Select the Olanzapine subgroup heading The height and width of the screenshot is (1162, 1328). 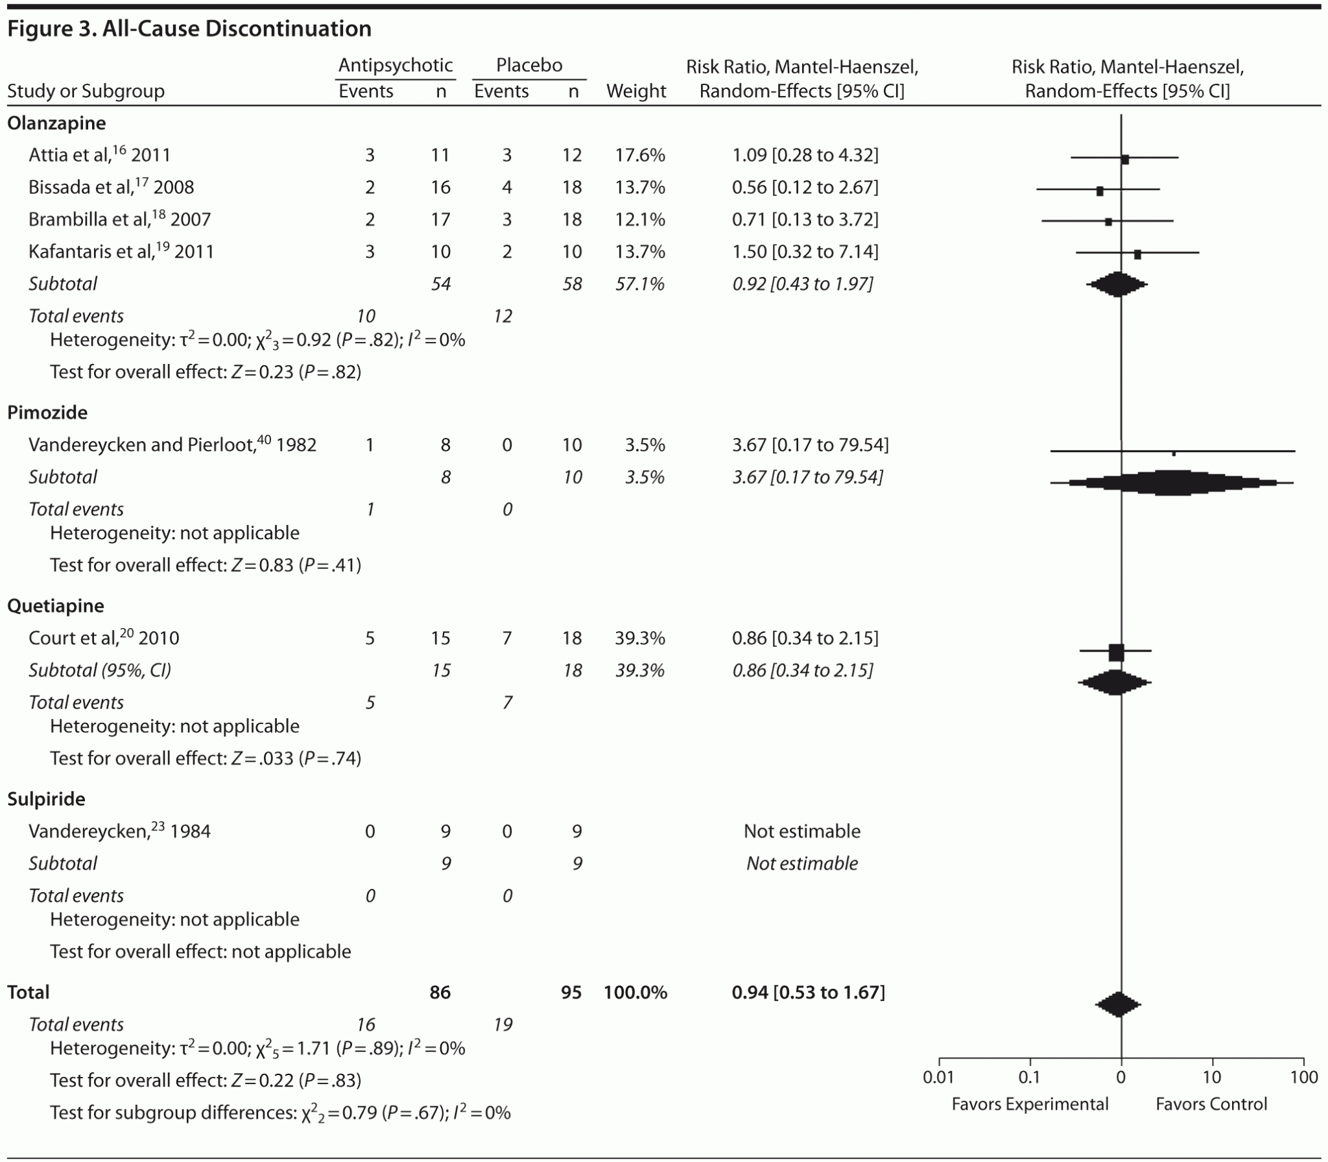pyautogui.click(x=56, y=123)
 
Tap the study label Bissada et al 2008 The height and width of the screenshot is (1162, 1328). pyautogui.click(x=111, y=188)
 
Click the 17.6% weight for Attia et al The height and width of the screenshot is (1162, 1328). pyautogui.click(x=639, y=155)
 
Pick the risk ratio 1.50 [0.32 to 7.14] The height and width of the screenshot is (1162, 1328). pyautogui.click(x=805, y=252)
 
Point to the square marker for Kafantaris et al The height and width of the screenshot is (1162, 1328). pyautogui.click(x=1137, y=254)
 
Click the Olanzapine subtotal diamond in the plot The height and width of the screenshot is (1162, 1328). pyautogui.click(x=1117, y=284)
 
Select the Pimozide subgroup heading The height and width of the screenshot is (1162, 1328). pyautogui.click(x=47, y=413)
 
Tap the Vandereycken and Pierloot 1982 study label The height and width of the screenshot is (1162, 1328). pyautogui.click(x=172, y=445)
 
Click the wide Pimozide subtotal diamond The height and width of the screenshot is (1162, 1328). pyautogui.click(x=1170, y=483)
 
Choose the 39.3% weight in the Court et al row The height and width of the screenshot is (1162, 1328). pyautogui.click(x=639, y=638)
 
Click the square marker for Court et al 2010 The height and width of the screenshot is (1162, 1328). pyautogui.click(x=1116, y=652)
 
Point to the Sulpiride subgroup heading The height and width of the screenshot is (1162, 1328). pyautogui.click(x=46, y=799)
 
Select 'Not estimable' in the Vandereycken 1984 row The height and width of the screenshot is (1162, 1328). pyautogui.click(x=801, y=832)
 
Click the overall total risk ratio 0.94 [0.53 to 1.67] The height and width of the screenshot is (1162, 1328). pyautogui.click(x=808, y=993)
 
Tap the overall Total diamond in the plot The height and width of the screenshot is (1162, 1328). pyautogui.click(x=1118, y=1005)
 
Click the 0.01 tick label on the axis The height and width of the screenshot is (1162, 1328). pyautogui.click(x=938, y=1078)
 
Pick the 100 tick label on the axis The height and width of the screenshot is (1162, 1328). pyautogui.click(x=1303, y=1078)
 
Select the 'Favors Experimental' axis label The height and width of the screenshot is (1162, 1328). pyautogui.click(x=1030, y=1104)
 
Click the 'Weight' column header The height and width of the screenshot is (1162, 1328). pyautogui.click(x=635, y=91)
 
